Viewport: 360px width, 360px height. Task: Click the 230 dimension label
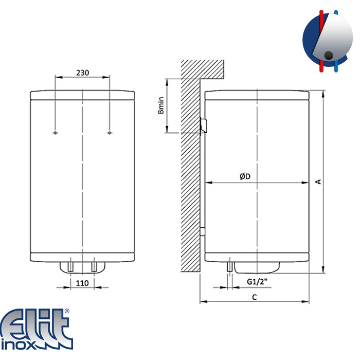82,73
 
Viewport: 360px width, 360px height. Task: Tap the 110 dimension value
82,283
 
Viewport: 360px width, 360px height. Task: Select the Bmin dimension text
161,105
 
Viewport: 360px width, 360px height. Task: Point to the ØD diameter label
245,176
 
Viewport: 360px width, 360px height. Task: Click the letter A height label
318,182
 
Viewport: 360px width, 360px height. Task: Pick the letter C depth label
255,297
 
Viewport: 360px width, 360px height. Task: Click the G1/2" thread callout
257,281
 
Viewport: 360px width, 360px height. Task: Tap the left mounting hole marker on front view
55,133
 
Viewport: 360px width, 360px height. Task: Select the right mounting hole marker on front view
110,133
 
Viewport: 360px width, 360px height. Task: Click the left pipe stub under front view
70,266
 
